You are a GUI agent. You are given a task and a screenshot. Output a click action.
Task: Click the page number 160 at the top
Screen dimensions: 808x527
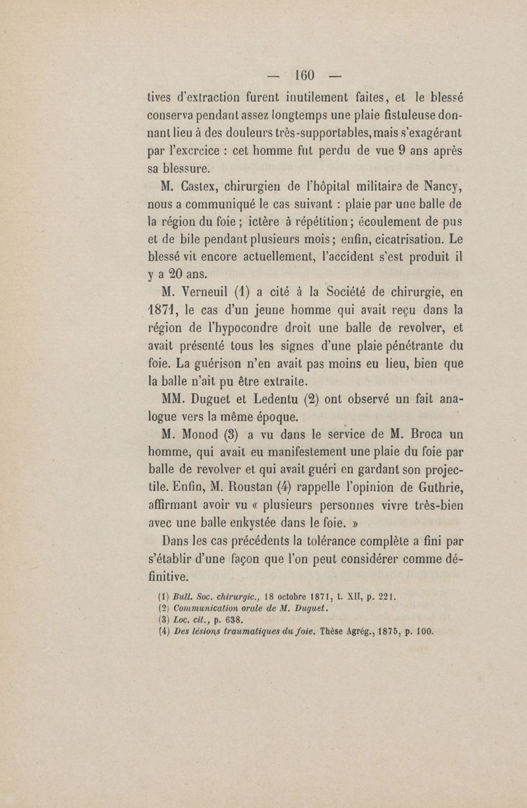point(307,71)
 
